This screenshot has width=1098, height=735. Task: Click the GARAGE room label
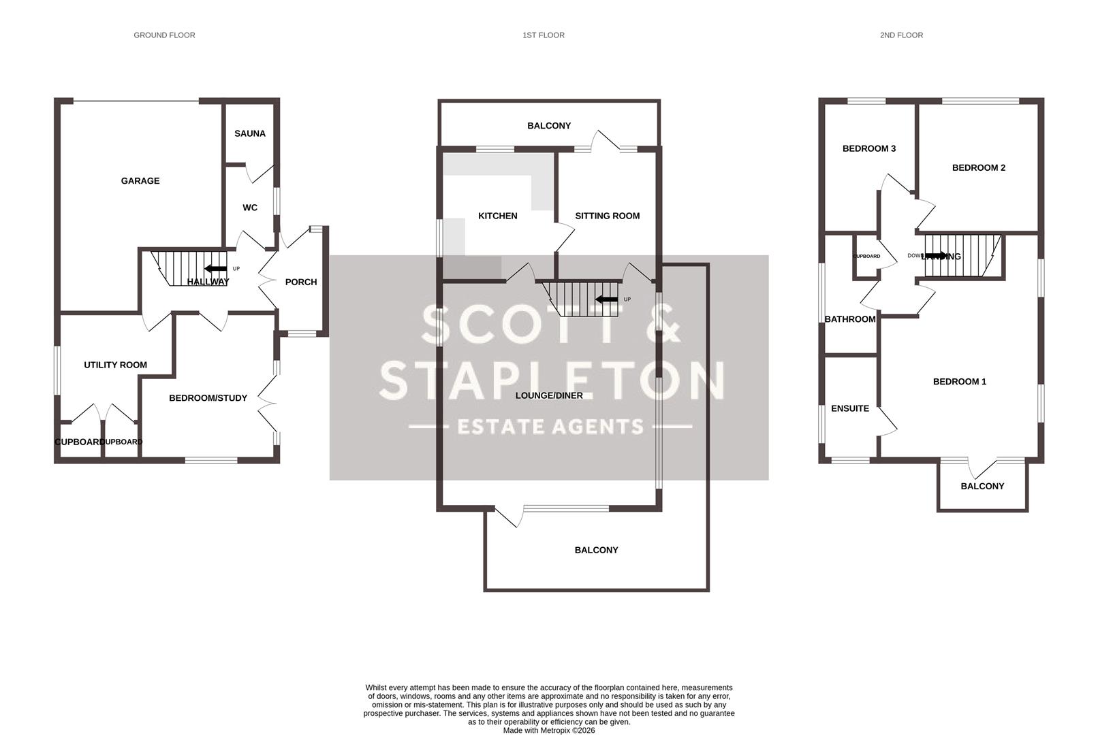point(140,181)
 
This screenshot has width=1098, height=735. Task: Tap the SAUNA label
point(250,133)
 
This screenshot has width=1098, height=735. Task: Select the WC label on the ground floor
point(250,208)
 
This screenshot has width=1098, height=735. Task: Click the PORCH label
point(301,282)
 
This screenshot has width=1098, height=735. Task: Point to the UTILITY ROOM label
point(115,365)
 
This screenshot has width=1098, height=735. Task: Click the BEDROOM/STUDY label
point(208,398)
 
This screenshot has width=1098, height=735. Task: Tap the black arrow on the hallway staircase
point(216,269)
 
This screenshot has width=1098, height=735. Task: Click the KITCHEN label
point(497,216)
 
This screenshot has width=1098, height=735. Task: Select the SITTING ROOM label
point(607,216)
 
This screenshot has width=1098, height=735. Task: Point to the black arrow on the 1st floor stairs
point(606,299)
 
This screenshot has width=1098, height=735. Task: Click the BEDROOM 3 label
point(868,148)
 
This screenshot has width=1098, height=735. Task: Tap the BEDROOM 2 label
point(978,167)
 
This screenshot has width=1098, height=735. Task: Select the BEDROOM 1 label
point(959,382)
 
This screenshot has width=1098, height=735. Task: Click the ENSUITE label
point(849,408)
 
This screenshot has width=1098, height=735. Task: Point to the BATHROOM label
point(849,319)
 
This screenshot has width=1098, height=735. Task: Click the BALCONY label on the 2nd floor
point(982,486)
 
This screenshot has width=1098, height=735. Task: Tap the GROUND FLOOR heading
point(164,35)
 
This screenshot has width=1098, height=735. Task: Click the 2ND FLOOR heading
point(901,35)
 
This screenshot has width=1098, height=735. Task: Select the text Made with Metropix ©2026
point(549,730)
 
